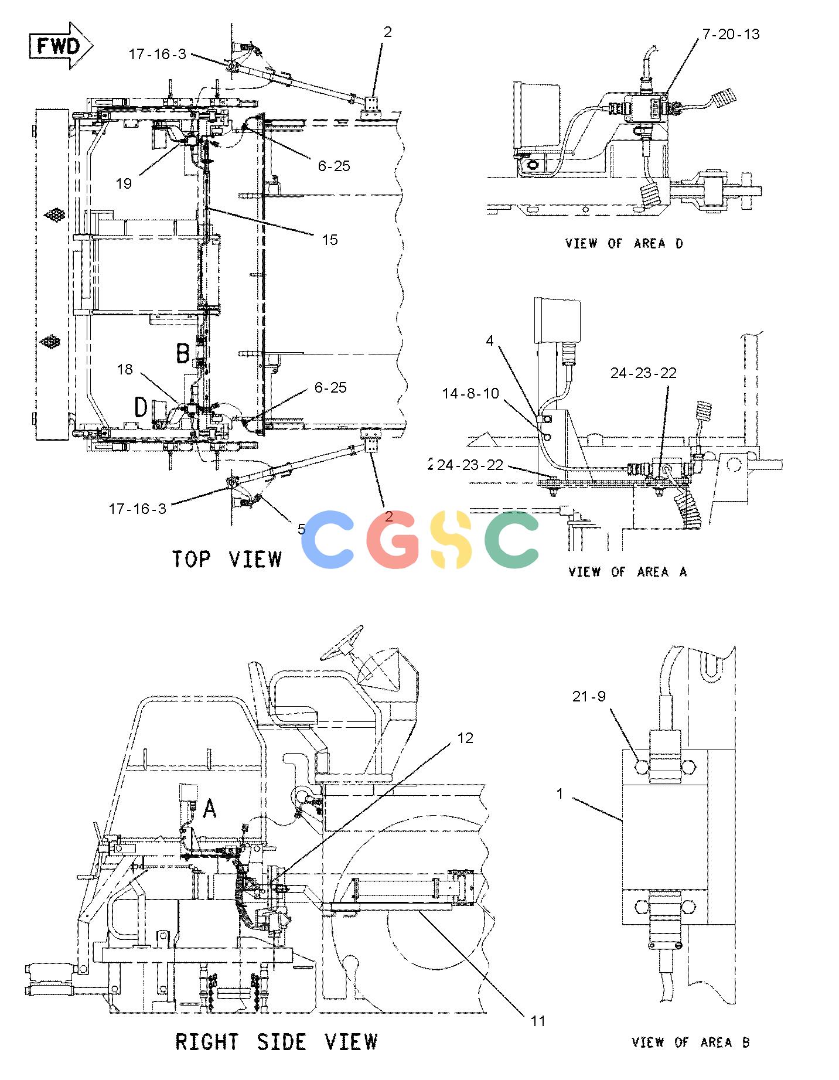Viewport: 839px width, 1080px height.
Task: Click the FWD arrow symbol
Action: (61, 46)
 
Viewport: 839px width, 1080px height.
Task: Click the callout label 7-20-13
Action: (731, 35)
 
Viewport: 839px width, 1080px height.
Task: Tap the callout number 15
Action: (330, 240)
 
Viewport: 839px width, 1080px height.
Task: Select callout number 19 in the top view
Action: (124, 183)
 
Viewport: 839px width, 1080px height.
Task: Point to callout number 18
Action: (125, 369)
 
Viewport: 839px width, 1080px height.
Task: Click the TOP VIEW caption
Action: (227, 558)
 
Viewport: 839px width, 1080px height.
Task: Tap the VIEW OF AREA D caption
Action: (625, 243)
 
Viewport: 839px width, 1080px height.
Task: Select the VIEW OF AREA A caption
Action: (627, 571)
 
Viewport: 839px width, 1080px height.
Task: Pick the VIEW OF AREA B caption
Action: (690, 1042)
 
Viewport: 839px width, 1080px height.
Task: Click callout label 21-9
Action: (589, 696)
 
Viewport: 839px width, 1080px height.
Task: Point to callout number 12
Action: (465, 738)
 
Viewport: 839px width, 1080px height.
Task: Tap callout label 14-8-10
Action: (470, 393)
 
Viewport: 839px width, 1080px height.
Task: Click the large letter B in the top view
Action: (183, 353)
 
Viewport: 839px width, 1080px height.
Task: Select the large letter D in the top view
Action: (141, 407)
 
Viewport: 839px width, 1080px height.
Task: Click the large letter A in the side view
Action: (209, 809)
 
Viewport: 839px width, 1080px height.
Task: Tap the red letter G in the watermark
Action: (393, 540)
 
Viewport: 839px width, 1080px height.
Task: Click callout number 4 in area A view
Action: (490, 340)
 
